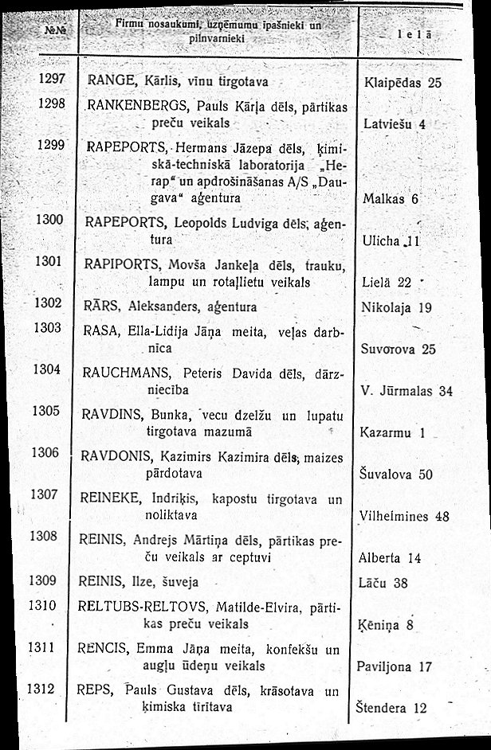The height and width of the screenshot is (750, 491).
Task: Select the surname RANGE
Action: click(x=109, y=81)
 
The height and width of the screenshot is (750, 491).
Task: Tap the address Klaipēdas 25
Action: click(x=402, y=82)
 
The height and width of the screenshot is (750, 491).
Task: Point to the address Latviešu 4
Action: click(x=395, y=124)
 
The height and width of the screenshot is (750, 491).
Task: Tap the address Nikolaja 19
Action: click(x=396, y=307)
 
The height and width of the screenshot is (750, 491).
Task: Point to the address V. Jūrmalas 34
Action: click(x=407, y=391)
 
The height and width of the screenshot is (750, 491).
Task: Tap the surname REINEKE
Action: click(x=110, y=498)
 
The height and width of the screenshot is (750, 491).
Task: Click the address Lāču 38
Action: click(x=383, y=581)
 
